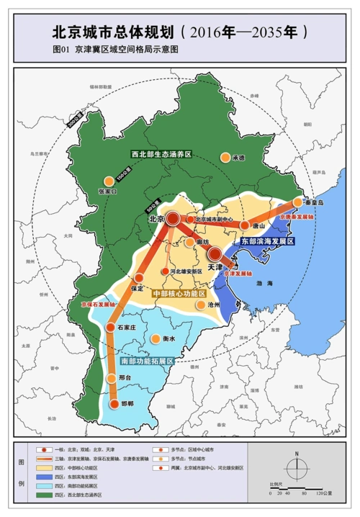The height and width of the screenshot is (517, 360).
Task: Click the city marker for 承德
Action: click(x=226, y=157)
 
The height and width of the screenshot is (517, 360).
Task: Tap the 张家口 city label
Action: click(x=106, y=192)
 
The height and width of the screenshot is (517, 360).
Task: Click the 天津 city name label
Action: click(x=215, y=266)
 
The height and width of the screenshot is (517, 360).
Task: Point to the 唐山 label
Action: click(x=256, y=225)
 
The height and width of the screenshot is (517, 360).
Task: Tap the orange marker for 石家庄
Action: click(x=110, y=328)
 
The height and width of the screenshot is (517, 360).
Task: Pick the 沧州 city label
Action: click(x=214, y=305)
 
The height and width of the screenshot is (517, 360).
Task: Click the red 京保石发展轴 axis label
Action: click(x=97, y=306)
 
